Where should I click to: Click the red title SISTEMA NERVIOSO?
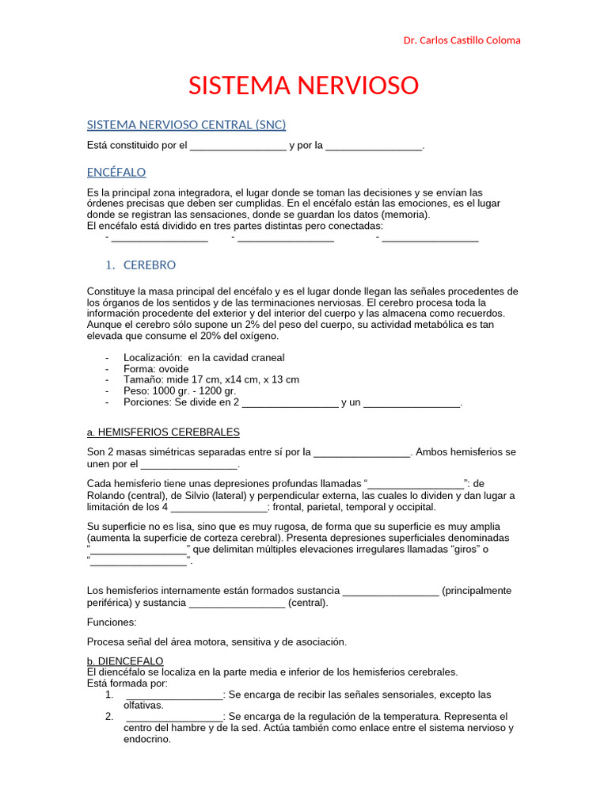[303, 85]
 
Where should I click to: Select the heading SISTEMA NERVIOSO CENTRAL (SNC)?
[186, 124]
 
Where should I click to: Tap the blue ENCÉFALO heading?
[116, 172]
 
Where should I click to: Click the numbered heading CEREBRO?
[150, 265]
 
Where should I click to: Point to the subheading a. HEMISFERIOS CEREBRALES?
[163, 432]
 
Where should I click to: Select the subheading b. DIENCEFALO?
[125, 661]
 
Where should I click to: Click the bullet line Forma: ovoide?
[156, 369]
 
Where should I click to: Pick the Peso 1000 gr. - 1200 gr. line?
[180, 391]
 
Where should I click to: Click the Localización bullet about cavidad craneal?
[204, 358]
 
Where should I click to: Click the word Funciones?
[112, 623]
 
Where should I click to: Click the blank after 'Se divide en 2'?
[290, 403]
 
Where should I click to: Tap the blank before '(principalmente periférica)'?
[390, 592]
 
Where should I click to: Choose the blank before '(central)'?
[237, 603]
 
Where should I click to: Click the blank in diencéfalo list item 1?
[174, 695]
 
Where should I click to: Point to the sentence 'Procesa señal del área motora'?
[216, 642]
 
